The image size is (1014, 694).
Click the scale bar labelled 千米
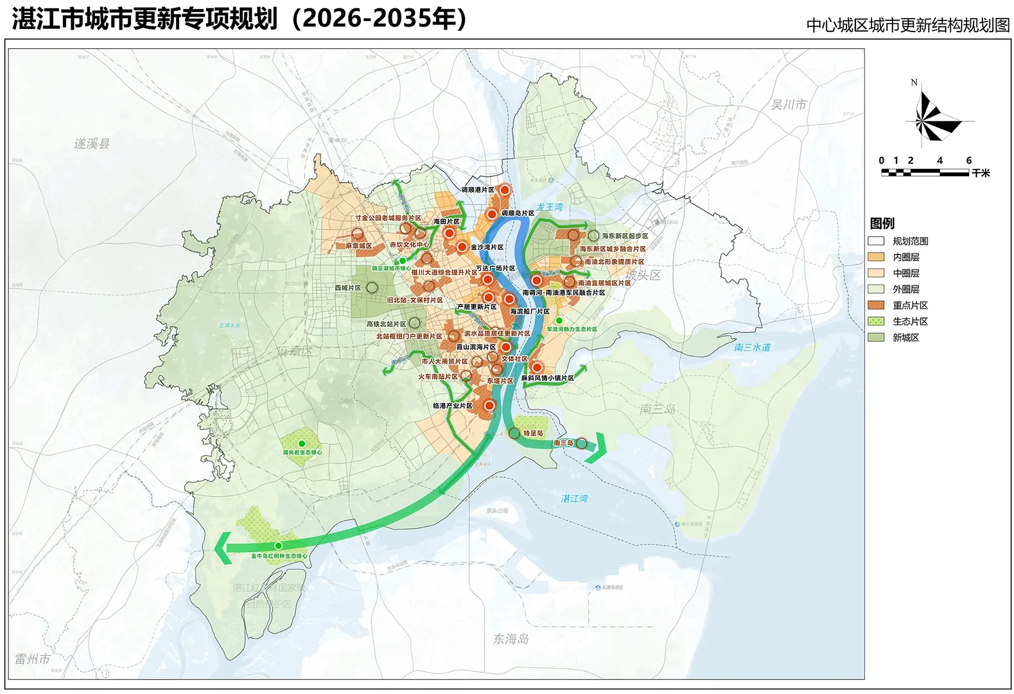925,172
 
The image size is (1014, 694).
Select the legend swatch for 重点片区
876,305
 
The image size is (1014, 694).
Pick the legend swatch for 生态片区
876,321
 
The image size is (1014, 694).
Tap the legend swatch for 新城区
876,337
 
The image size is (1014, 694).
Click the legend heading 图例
882,224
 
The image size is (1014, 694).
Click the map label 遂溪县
92,144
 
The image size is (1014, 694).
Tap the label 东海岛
511,639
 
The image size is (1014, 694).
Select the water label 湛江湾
574,499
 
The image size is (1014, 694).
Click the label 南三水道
752,348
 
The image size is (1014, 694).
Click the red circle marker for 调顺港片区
505,190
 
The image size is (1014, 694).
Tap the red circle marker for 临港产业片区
489,405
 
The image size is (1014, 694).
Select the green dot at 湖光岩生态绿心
302,443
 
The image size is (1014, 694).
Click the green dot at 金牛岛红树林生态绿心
278,546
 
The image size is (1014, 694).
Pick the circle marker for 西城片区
372,288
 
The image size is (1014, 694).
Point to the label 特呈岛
533,434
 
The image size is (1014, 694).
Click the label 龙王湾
550,207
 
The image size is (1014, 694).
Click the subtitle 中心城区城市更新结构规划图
907,25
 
